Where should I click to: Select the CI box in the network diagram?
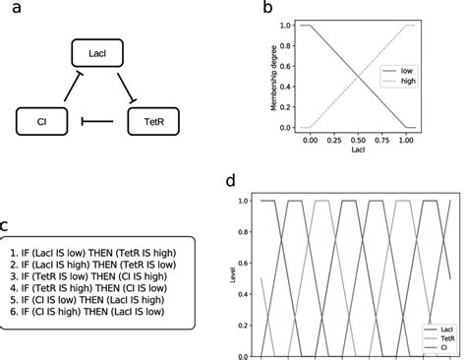pyautogui.click(x=38, y=123)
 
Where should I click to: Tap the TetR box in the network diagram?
pyautogui.click(x=154, y=123)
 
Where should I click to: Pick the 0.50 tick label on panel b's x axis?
pyautogui.click(x=358, y=142)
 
